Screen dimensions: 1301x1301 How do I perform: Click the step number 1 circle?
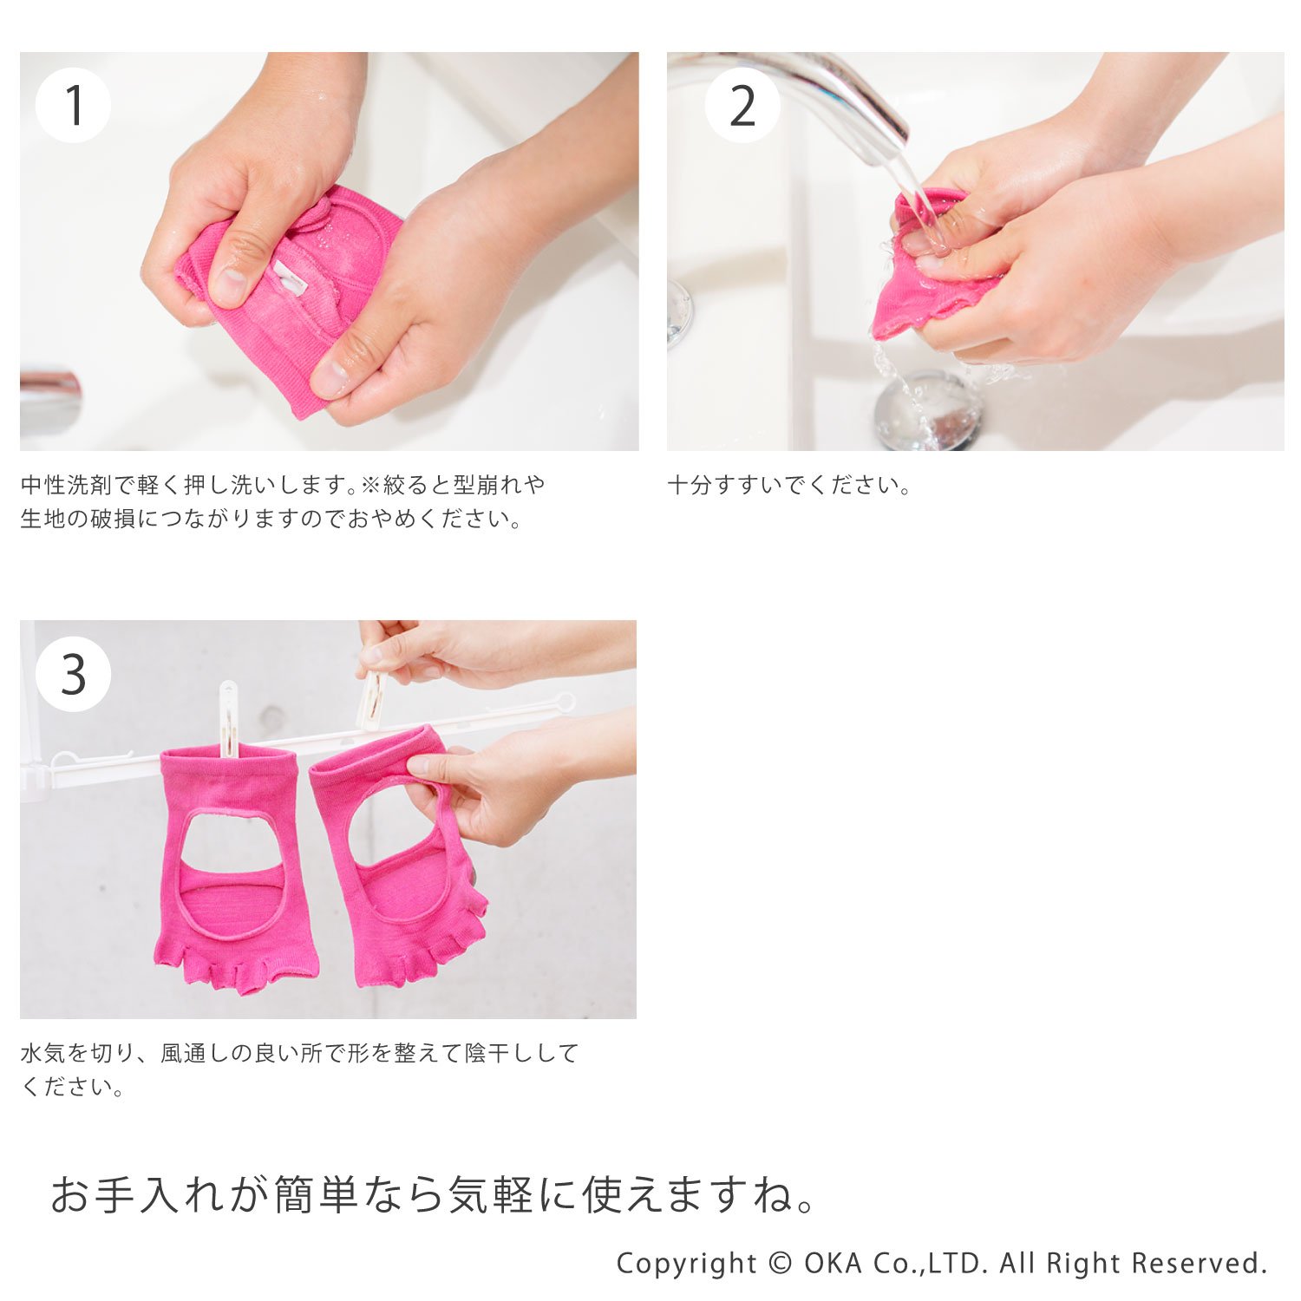click(73, 105)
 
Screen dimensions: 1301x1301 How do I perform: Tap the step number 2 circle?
click(742, 105)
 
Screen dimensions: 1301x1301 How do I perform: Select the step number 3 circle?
click(73, 674)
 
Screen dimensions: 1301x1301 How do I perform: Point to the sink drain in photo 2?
click(928, 408)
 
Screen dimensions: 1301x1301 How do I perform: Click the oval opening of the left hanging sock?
click(232, 874)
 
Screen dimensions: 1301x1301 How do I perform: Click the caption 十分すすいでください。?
click(788, 485)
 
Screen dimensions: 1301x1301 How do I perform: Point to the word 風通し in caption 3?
click(195, 1053)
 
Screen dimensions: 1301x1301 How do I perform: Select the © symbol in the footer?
click(781, 1263)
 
